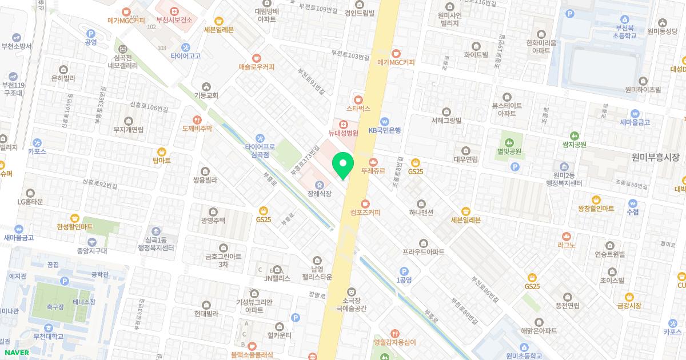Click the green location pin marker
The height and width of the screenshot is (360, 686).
click(343, 166)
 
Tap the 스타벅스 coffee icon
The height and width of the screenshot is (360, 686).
click(358, 99)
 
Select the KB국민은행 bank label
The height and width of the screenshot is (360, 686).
click(384, 130)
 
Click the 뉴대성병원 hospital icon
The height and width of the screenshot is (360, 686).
click(343, 124)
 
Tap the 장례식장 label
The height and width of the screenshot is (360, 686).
click(319, 194)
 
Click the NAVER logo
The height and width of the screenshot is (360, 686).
click(17, 353)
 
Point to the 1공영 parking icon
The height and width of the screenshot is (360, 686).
click(404, 271)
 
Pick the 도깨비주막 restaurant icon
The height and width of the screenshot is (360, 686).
click(197, 120)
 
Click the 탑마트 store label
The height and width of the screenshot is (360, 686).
click(162, 161)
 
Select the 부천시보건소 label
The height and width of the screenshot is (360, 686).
click(173, 19)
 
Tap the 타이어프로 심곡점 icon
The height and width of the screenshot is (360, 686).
click(261, 138)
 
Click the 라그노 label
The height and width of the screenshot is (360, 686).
click(566, 245)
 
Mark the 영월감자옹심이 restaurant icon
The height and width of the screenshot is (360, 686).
click(394, 334)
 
